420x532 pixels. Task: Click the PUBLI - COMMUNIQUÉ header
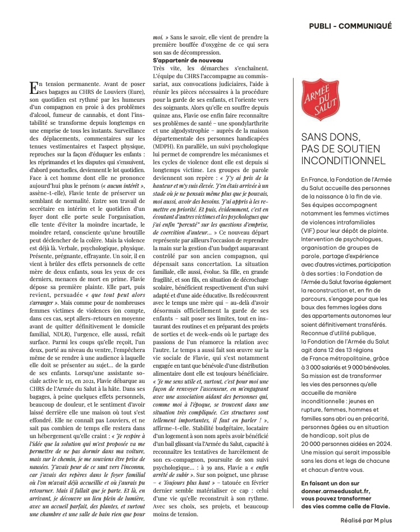[350, 26]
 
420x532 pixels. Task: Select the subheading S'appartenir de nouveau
[188, 60]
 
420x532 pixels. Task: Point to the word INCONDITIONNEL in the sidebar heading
[343, 161]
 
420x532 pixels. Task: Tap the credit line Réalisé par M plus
[365, 521]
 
